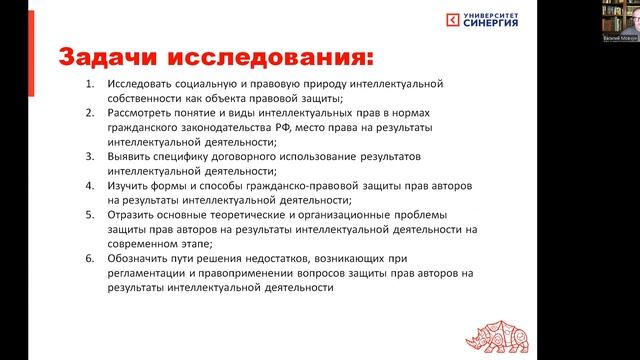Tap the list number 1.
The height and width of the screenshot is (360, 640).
point(89,84)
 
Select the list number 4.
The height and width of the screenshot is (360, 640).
point(89,186)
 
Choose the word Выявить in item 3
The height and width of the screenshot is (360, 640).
point(133,157)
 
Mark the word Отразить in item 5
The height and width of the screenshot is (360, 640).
point(137,215)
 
